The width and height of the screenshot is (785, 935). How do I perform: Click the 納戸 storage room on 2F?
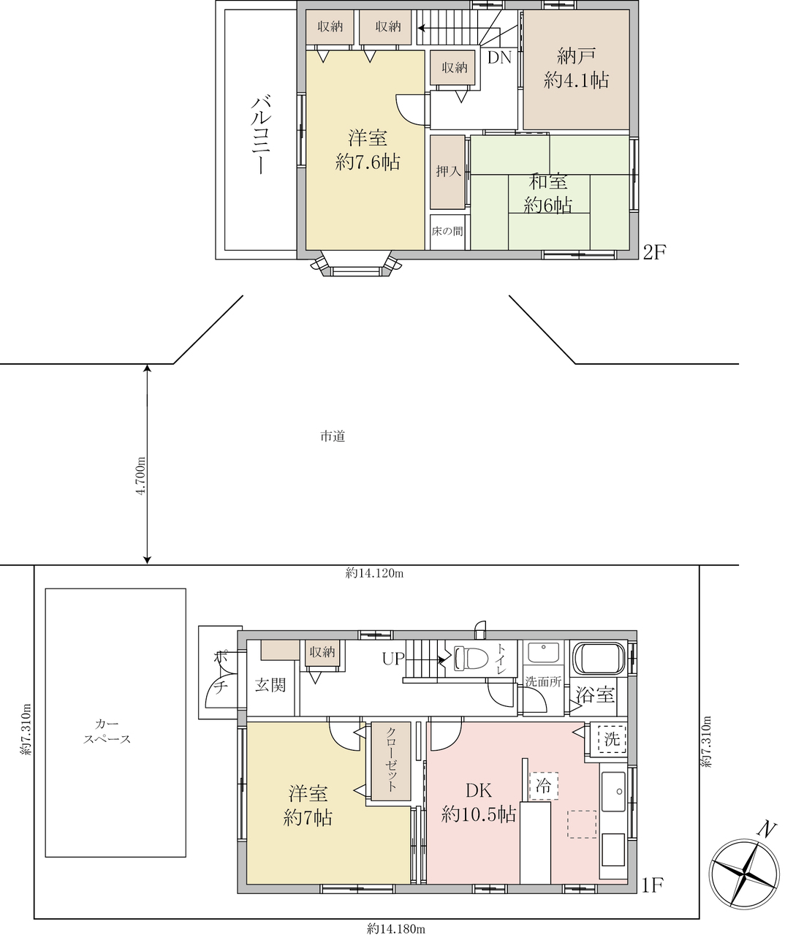[576, 70]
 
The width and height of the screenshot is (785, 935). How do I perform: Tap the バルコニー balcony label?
[261, 135]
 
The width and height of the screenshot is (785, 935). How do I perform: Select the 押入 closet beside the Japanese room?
[447, 172]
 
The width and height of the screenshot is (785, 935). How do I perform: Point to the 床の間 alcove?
[447, 232]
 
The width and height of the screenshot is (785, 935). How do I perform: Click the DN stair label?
[499, 58]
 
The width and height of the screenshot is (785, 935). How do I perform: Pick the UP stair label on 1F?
[394, 659]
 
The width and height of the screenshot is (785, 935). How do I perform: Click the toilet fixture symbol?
[470, 658]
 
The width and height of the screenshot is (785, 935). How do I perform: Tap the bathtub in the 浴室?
[599, 658]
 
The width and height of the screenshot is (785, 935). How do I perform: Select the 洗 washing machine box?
[613, 738]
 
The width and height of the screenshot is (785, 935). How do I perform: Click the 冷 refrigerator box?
[544, 785]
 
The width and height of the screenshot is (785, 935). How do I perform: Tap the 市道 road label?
[333, 436]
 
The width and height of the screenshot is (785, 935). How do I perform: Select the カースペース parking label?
[107, 731]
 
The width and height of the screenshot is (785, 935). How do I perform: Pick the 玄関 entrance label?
[270, 685]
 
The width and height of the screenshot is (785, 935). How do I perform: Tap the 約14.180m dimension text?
[396, 925]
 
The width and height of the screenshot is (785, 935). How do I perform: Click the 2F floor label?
[655, 253]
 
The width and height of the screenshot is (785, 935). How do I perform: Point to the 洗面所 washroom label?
[543, 681]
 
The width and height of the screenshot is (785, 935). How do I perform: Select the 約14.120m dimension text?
[374, 572]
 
